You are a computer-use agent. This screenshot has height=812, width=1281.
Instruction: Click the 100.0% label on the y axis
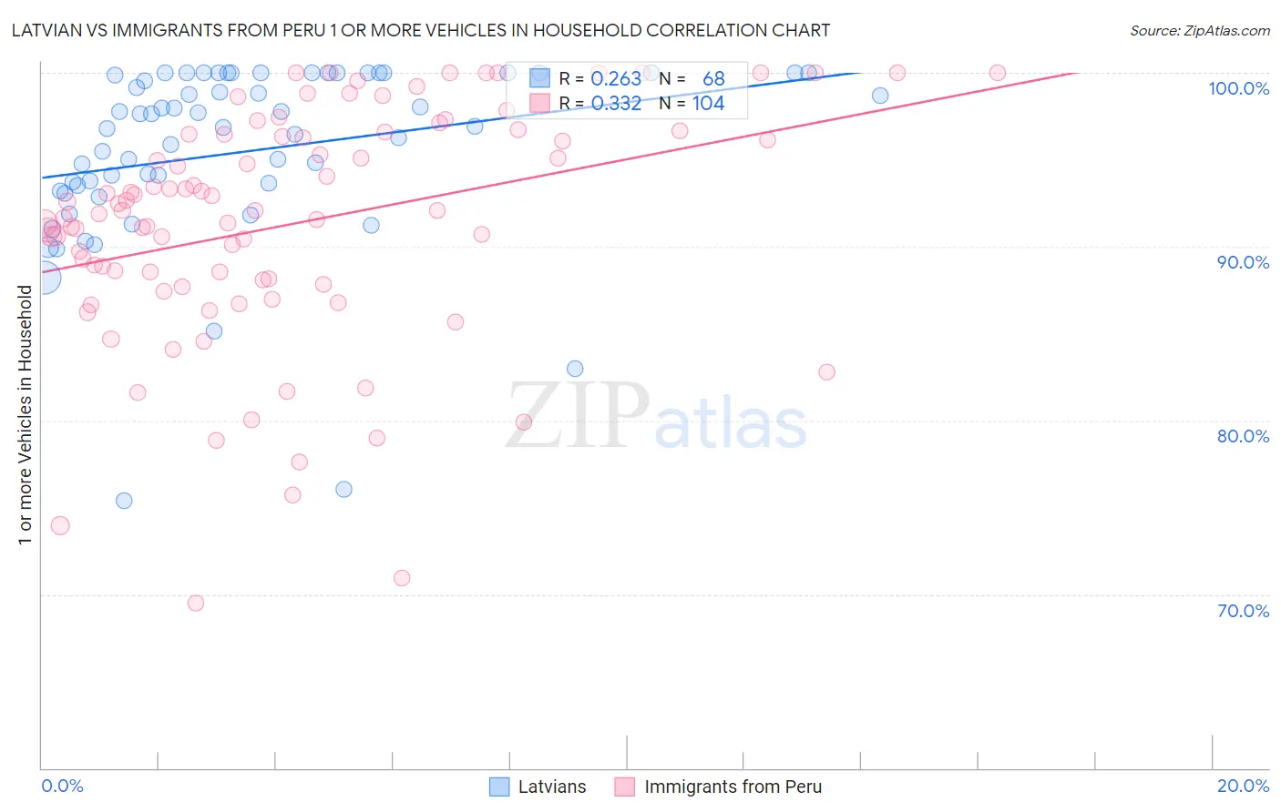[x=1238, y=88]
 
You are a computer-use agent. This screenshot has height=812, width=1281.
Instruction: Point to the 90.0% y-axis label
[x=1243, y=262]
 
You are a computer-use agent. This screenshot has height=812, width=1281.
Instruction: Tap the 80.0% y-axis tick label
[x=1243, y=436]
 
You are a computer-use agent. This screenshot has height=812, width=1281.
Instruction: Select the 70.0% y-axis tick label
[x=1243, y=611]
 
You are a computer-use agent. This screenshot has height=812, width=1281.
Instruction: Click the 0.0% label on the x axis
[x=62, y=786]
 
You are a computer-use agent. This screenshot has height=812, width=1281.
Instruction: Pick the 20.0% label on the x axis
[x=1243, y=786]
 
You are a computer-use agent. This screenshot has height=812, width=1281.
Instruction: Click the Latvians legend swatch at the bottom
[x=498, y=787]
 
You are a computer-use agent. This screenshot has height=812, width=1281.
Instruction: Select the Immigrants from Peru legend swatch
[x=624, y=787]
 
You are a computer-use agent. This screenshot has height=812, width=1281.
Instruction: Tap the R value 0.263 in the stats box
[x=616, y=79]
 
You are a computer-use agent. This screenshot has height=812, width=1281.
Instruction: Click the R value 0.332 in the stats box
[x=616, y=104]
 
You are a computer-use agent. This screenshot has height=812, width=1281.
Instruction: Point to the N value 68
[x=713, y=79]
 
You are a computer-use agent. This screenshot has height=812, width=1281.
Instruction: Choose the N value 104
[x=708, y=104]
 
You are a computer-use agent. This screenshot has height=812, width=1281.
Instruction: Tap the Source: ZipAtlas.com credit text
[x=1199, y=30]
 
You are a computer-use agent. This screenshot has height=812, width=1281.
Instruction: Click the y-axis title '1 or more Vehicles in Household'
[x=25, y=415]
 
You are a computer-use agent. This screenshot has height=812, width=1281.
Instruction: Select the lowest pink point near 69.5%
[x=195, y=603]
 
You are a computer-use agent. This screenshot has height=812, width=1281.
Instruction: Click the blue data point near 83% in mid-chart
[x=575, y=369]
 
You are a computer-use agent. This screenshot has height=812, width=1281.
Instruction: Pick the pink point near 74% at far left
[x=60, y=525]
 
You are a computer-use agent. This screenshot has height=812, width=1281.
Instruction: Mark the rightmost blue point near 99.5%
[x=880, y=96]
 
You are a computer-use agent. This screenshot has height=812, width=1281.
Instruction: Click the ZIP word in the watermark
[x=577, y=416]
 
